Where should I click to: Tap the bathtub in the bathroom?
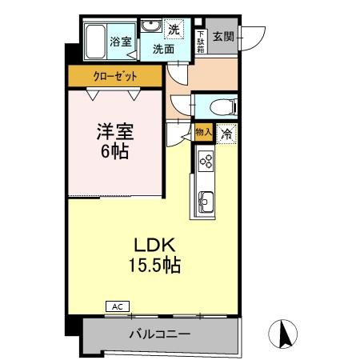click(x=96, y=42)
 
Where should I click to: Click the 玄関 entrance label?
click(x=224, y=37)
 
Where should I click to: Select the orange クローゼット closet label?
click(x=114, y=76)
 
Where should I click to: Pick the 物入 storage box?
click(x=203, y=133)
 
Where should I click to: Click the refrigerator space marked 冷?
click(x=226, y=134)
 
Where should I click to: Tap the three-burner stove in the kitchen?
click(x=204, y=162)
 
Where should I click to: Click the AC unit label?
click(x=117, y=306)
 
